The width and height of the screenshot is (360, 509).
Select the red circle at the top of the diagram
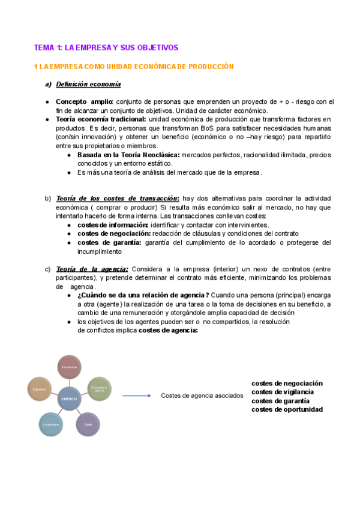coord(70,367)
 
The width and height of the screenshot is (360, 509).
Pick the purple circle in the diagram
coord(88,424)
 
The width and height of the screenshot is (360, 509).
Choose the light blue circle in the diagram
coord(50,424)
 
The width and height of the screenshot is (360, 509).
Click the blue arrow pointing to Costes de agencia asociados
coord(136,396)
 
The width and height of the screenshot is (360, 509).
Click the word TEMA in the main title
coord(43,47)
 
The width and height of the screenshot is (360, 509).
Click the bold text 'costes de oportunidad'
coord(287,409)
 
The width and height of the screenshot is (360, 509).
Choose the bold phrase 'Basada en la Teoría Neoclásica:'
coord(128,155)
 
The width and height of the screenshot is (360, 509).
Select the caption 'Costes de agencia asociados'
coord(198,396)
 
